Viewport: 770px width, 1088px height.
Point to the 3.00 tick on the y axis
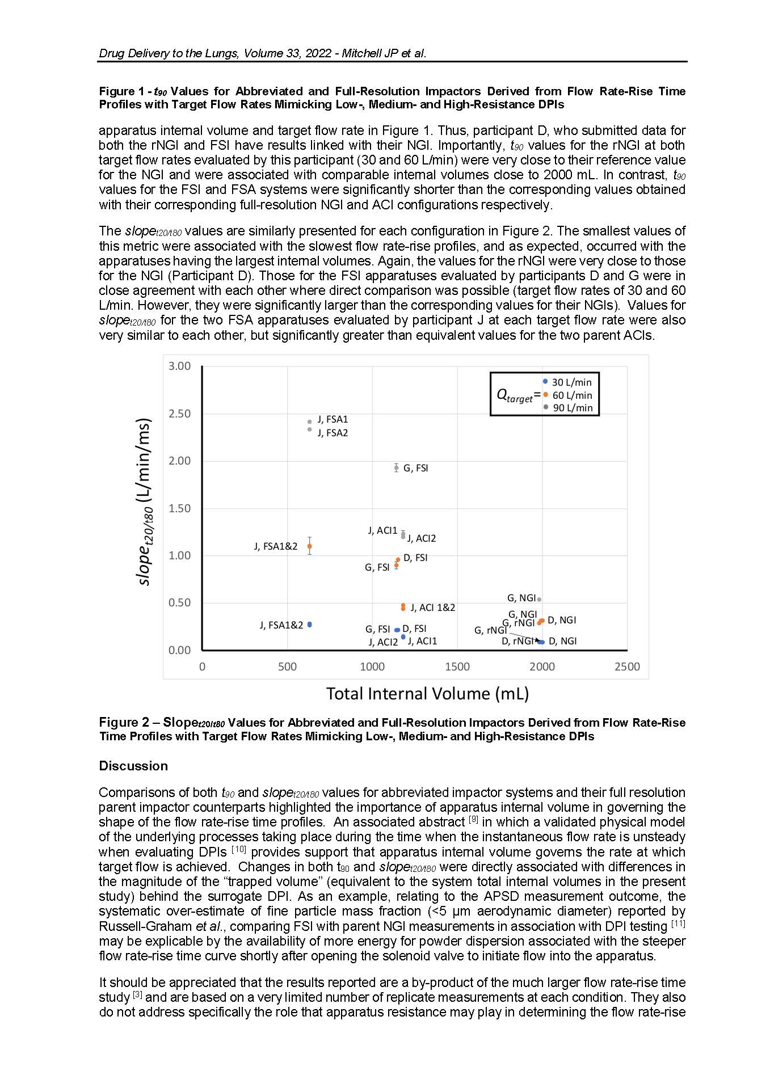click(x=180, y=366)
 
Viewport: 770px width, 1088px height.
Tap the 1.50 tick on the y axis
click(x=180, y=508)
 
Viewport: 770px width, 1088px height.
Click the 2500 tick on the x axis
click(x=627, y=667)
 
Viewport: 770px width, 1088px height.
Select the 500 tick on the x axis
click(x=287, y=667)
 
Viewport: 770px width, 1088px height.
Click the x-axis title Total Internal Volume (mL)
click(x=427, y=694)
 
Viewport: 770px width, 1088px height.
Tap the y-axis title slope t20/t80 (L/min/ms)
click(x=145, y=502)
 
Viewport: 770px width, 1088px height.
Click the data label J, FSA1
click(x=333, y=420)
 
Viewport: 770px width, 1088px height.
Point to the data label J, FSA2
click(x=333, y=433)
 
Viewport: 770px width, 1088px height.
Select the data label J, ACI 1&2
click(x=432, y=608)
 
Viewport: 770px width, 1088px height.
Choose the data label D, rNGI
click(x=517, y=642)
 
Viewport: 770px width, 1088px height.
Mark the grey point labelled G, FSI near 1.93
click(x=396, y=468)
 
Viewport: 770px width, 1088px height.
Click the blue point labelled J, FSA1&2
click(x=309, y=625)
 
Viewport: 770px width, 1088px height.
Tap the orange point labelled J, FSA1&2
click(x=309, y=546)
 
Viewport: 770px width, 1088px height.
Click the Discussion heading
click(x=133, y=766)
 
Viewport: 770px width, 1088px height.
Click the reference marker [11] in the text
click(x=678, y=924)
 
